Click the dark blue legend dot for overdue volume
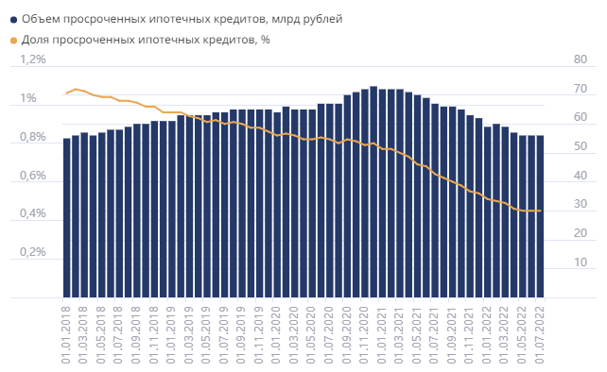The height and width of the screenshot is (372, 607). click(x=10, y=19)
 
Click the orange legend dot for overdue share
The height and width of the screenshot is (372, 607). click(x=10, y=40)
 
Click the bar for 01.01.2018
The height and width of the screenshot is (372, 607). click(x=67, y=218)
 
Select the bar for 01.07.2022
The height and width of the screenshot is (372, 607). click(x=540, y=216)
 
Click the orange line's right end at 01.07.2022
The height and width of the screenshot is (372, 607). click(x=540, y=211)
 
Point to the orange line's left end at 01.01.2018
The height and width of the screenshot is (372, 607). click(x=67, y=93)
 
